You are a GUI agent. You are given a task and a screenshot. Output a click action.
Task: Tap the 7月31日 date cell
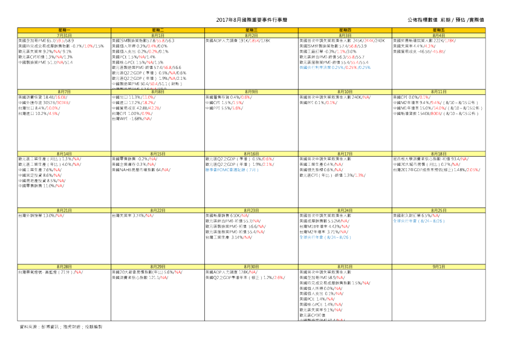click(x=65, y=36)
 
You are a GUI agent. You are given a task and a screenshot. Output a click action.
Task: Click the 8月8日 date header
click(x=158, y=91)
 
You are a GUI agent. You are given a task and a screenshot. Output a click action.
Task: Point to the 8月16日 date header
click(x=252, y=154)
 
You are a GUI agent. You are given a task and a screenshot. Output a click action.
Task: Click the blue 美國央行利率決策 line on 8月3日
click(x=335, y=67)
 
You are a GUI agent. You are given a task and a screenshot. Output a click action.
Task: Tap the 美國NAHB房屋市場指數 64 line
click(x=141, y=170)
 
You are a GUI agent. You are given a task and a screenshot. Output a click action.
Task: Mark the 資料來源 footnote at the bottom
click(x=60, y=326)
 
